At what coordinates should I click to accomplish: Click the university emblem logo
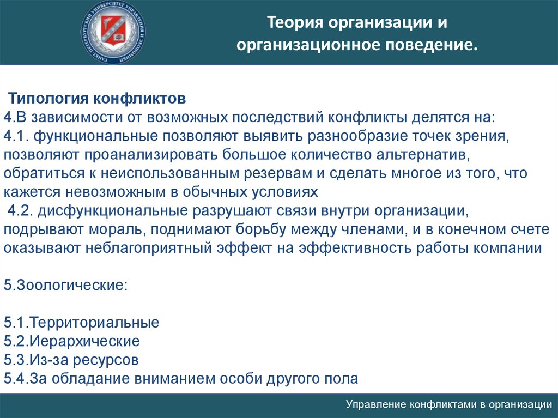113,32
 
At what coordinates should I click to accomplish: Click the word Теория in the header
295,22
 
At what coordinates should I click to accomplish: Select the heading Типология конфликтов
97,98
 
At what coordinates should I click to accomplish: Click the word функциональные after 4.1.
96,136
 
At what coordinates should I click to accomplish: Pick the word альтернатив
421,155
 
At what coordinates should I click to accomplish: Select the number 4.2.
20,210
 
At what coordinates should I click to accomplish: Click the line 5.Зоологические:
65,285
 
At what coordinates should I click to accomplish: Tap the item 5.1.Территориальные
82,323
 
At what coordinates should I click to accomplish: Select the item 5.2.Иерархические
71,341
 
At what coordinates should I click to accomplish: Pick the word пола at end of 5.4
342,378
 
